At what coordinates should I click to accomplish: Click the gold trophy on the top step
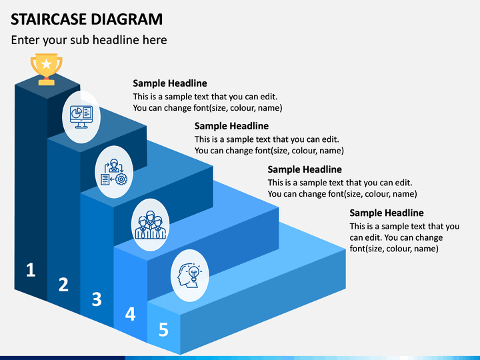[46, 69]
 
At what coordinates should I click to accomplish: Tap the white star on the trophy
[46, 64]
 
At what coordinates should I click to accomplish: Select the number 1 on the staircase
[30, 270]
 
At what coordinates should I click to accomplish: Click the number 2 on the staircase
[63, 285]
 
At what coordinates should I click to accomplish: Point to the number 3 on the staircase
[97, 299]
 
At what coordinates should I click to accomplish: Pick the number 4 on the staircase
[130, 314]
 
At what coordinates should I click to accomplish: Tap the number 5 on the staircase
[163, 329]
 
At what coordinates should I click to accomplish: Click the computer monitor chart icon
[81, 117]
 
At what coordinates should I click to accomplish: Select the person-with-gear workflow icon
[114, 172]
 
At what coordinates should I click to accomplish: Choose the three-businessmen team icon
[150, 225]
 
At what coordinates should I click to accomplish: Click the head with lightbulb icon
[190, 275]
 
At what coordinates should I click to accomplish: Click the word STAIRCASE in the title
[49, 19]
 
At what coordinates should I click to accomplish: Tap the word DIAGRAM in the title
[127, 19]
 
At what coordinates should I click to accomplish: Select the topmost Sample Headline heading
[170, 83]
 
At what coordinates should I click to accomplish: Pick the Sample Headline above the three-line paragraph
[387, 213]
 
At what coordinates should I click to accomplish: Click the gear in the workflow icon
[121, 179]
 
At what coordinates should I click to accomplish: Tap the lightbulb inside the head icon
[194, 273]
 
